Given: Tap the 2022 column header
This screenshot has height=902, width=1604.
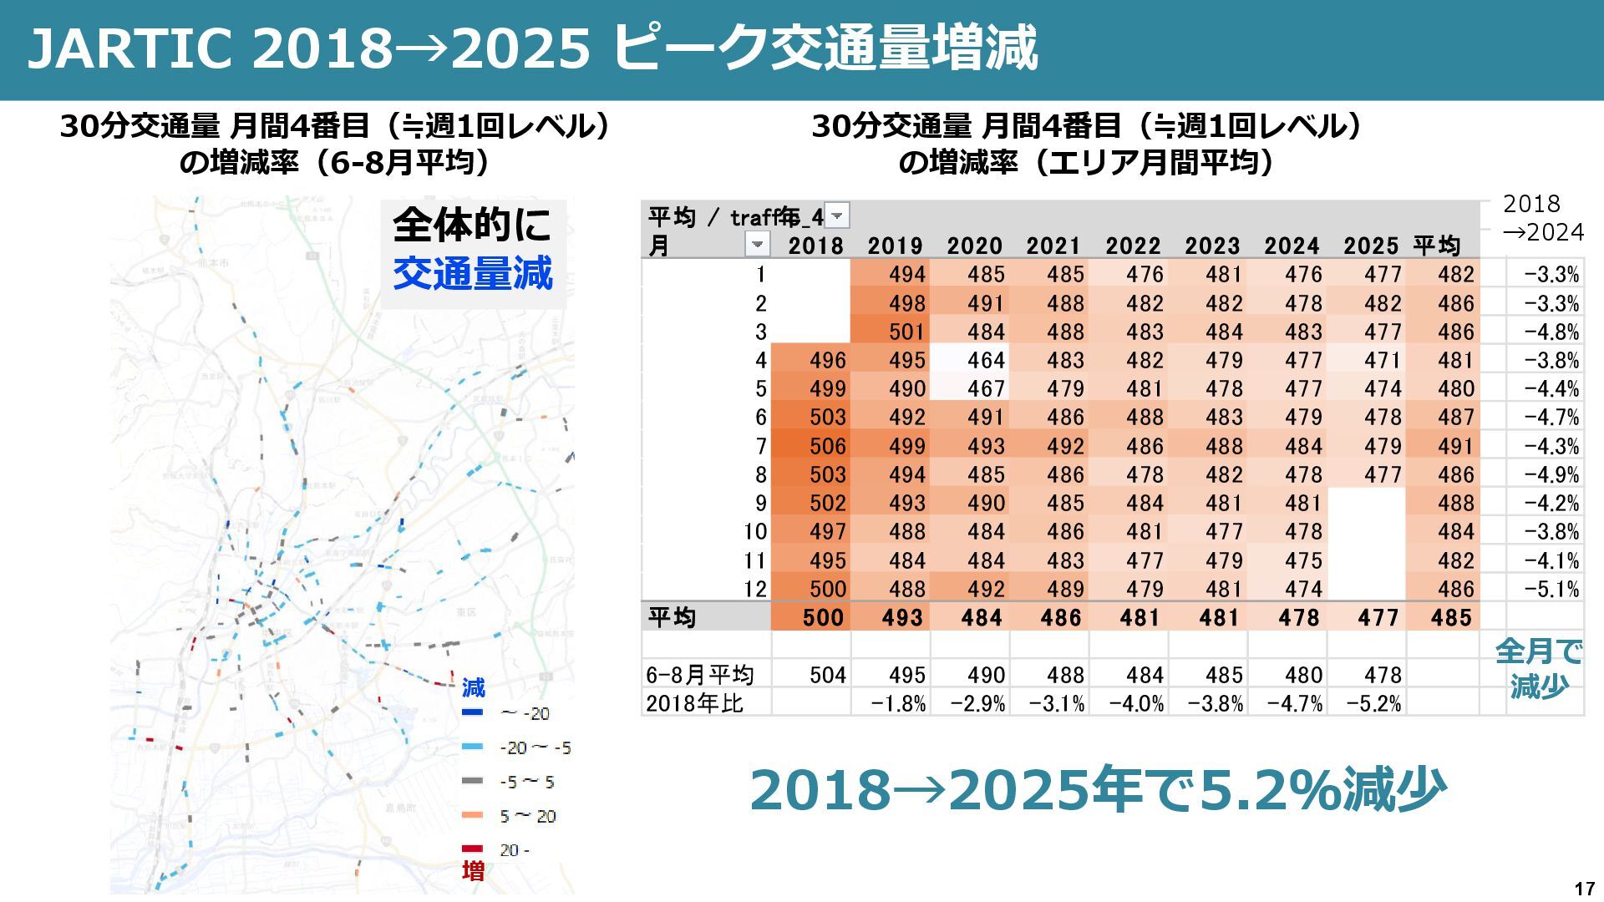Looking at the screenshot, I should pos(1133,246).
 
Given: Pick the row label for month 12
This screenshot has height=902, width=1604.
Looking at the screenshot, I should pos(755,589).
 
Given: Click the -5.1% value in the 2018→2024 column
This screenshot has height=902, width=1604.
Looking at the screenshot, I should pos(1551,589).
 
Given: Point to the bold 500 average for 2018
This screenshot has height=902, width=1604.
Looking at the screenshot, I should pos(824,618).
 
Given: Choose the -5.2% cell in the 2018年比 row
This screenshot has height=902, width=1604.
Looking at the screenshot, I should pos(1373,703).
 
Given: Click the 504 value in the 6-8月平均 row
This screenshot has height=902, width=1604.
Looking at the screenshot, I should pos(827,675).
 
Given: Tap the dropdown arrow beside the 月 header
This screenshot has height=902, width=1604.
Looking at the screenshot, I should pos(757,245).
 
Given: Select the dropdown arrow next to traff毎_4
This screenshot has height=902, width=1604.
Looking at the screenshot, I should pos(837,216).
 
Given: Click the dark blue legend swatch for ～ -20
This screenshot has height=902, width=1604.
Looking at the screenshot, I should pos(472,713).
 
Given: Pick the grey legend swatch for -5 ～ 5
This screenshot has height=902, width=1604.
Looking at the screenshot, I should pos(472,782).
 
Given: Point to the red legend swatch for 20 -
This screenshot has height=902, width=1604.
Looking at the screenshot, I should pos(472,849).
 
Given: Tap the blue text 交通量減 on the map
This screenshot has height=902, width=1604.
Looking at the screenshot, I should pos(473,273).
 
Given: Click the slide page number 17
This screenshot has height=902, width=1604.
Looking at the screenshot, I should pos(1584,889).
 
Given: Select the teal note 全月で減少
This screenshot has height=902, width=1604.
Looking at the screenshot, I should pos(1539,668).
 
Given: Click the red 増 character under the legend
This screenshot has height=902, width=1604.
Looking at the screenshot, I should pos(473,872).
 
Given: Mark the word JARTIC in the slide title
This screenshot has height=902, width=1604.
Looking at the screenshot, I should pos(129,48).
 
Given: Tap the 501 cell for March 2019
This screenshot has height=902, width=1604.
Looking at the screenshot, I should pos(906,332).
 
